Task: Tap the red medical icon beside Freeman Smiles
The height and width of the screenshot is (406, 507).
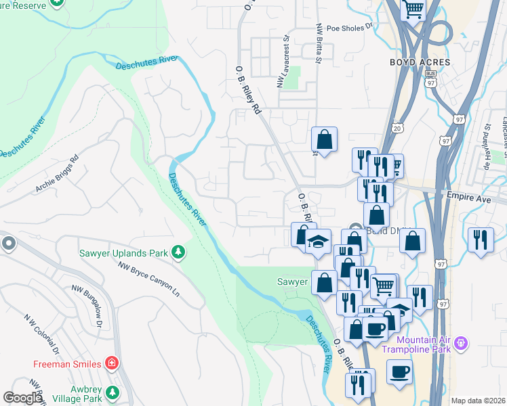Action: pyautogui.click(x=113, y=364)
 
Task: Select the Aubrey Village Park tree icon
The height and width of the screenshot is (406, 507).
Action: pyautogui.click(x=113, y=393)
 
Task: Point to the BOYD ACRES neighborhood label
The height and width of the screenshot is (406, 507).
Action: pyautogui.click(x=420, y=62)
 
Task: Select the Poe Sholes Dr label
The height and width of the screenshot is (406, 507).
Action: pyautogui.click(x=350, y=28)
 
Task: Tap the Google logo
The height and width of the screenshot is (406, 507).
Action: pyautogui.click(x=22, y=398)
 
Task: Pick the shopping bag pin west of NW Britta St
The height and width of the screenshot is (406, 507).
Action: pyautogui.click(x=325, y=139)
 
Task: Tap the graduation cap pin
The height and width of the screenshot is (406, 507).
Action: pyautogui.click(x=317, y=242)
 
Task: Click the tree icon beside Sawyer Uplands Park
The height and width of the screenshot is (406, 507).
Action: pyautogui.click(x=178, y=252)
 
